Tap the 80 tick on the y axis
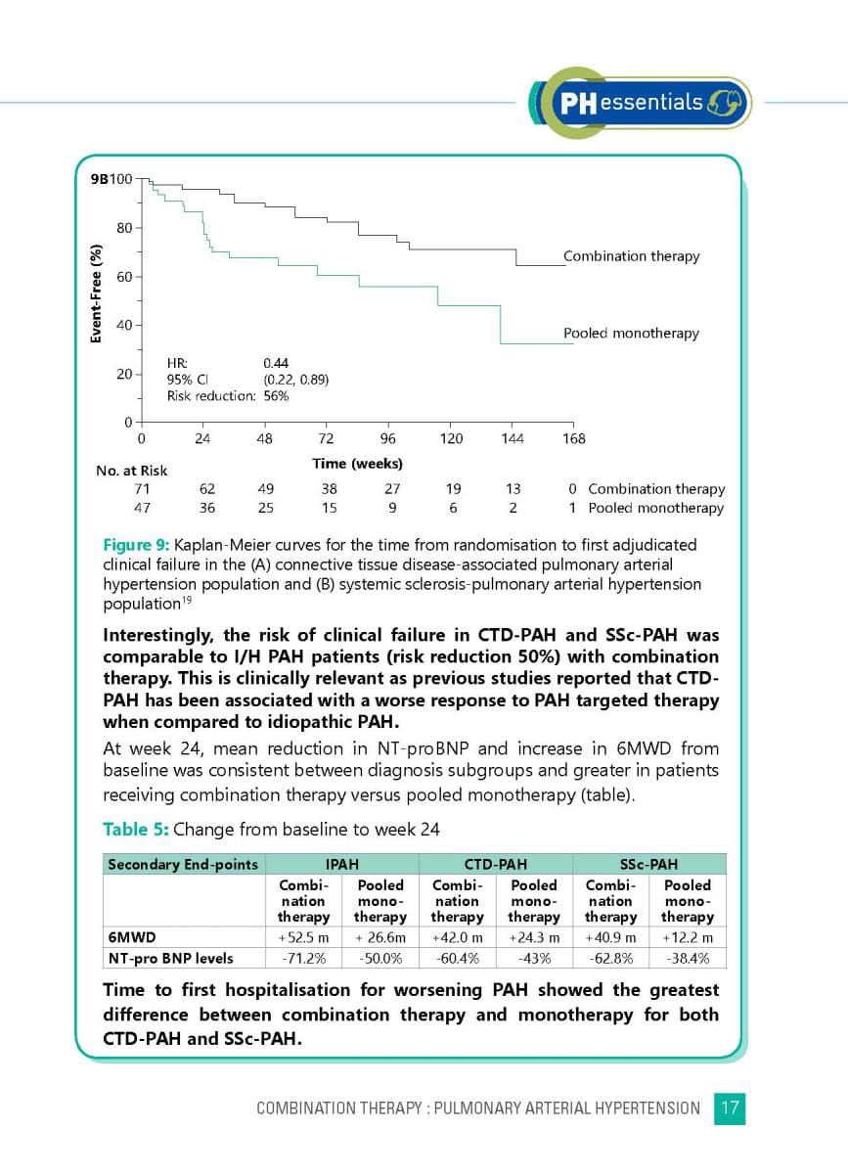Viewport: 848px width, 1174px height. point(124,228)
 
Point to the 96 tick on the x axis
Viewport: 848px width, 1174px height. point(388,438)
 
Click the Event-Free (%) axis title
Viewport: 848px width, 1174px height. point(96,294)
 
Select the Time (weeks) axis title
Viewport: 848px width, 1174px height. point(357,463)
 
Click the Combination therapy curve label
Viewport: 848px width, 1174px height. point(631,256)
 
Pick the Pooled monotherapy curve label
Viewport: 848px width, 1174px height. point(631,334)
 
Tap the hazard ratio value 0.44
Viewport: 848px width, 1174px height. point(276,363)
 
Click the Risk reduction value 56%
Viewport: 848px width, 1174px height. point(276,396)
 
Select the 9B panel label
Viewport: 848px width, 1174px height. point(94,179)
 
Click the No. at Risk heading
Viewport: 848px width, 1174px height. point(131,471)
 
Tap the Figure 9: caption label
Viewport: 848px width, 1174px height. point(136,544)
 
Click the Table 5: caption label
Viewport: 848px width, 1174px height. point(136,830)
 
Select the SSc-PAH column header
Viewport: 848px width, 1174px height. point(648,864)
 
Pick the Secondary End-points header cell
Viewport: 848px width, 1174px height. point(183,864)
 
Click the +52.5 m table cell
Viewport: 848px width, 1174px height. point(303,938)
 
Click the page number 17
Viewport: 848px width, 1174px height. point(730,1108)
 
